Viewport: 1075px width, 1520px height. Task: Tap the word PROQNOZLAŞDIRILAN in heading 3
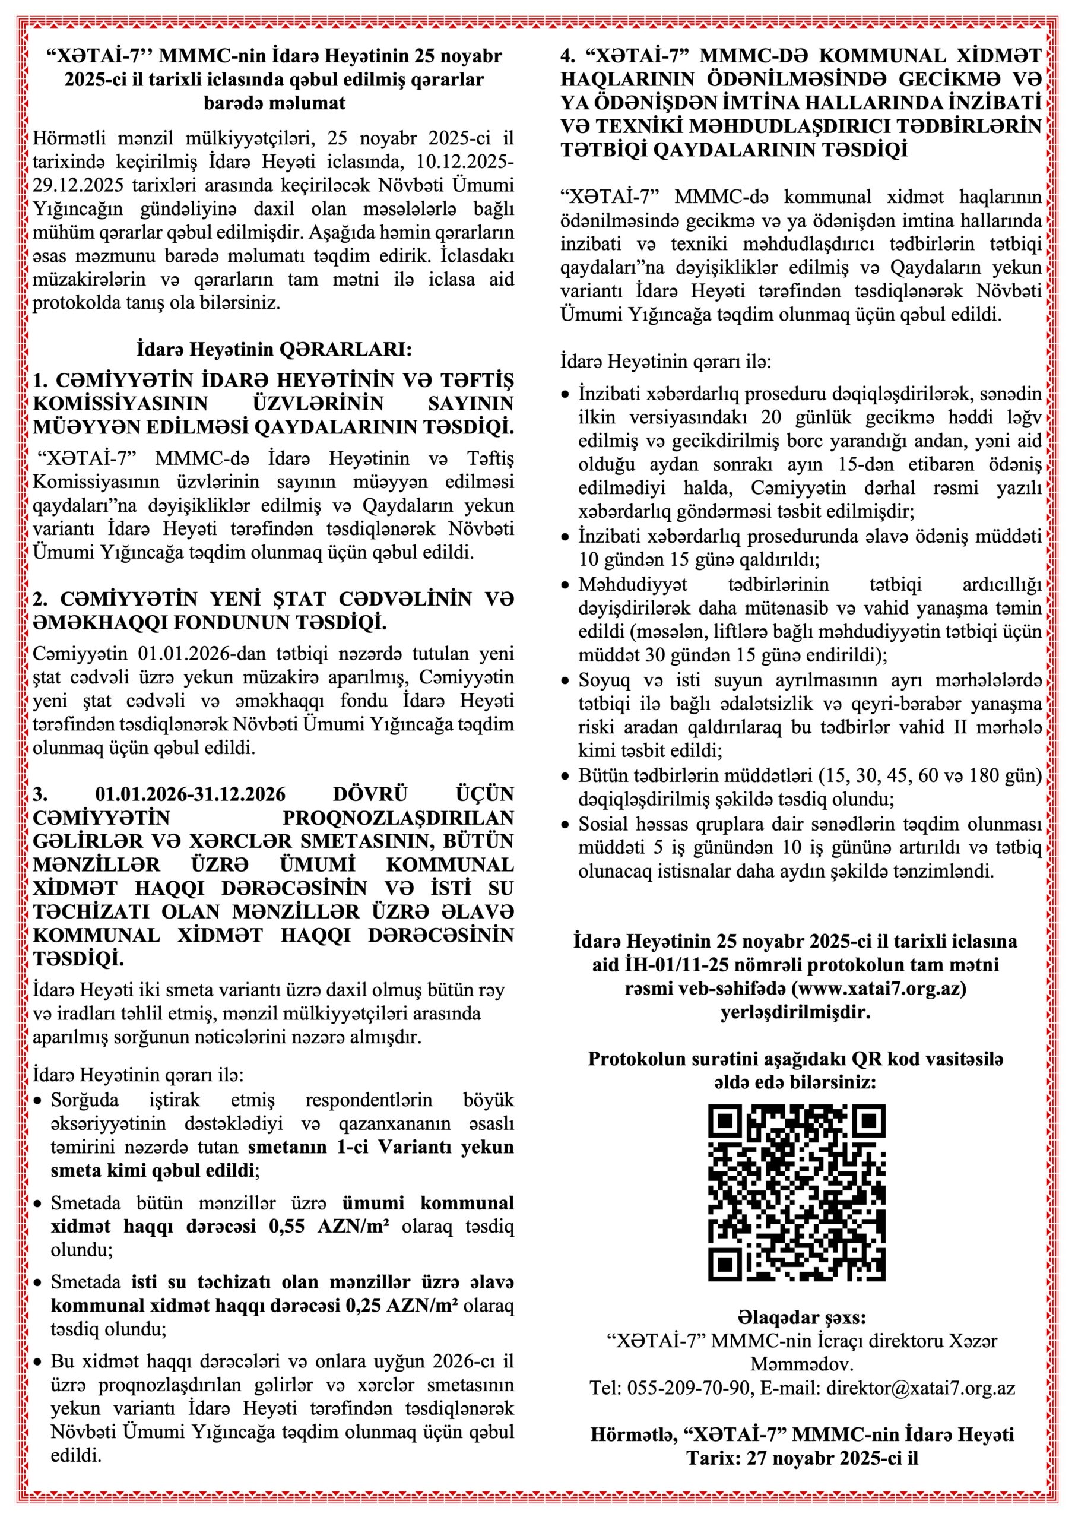click(x=398, y=817)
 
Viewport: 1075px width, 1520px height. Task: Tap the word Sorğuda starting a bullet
click(x=84, y=1100)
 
